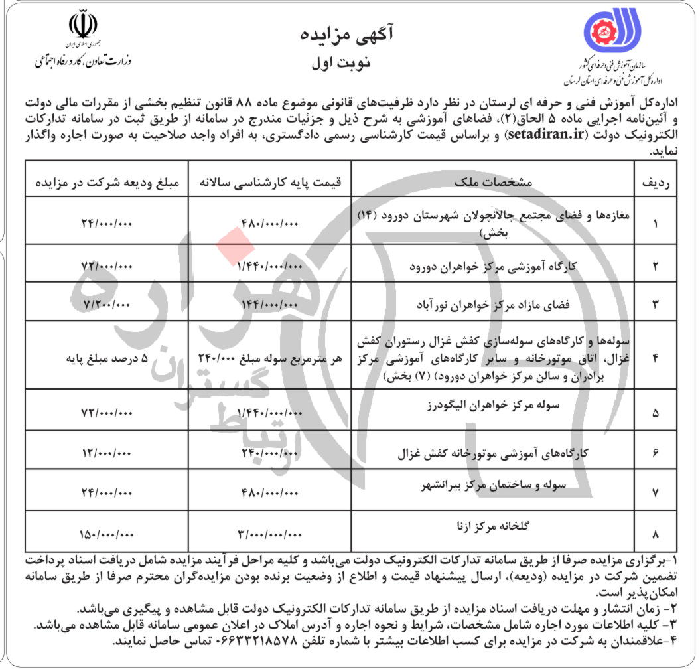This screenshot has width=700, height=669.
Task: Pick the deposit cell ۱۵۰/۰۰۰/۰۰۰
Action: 107,533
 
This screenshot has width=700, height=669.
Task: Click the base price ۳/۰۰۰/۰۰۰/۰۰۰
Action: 268,533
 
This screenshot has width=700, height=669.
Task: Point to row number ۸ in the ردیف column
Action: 656,533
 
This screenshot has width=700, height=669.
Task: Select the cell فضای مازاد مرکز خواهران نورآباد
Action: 492,303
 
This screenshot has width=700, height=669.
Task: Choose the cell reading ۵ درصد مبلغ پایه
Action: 101,359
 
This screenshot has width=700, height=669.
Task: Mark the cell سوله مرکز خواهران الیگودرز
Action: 492,406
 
